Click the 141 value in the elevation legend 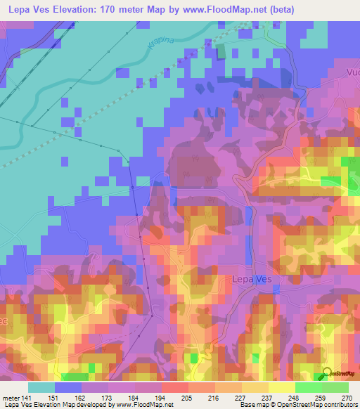(27, 397)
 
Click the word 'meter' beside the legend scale (10, 397)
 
